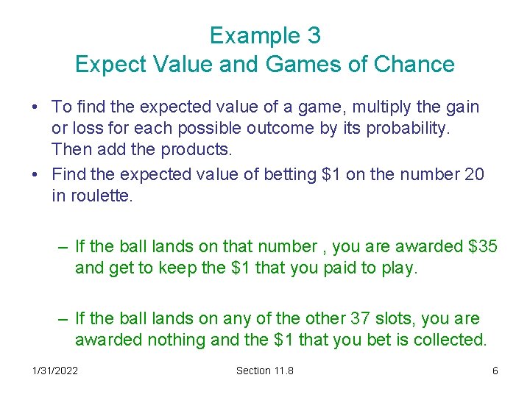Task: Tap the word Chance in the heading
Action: point(414,64)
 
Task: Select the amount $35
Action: point(482,247)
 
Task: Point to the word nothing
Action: point(183,340)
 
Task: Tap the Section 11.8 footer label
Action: point(264,371)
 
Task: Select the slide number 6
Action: point(495,371)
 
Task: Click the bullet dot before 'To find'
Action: point(36,108)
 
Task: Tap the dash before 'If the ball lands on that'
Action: point(64,247)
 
